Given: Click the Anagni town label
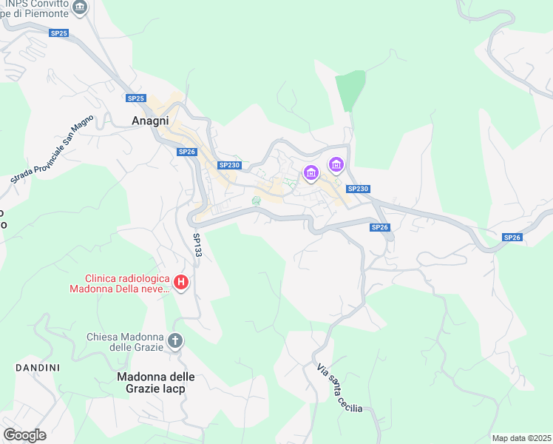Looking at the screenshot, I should (150, 121).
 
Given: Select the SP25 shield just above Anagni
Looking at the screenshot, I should (135, 98).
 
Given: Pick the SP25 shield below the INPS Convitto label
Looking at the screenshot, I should (59, 33).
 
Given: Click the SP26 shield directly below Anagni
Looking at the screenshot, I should (187, 152).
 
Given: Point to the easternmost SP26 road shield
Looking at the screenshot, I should (512, 237).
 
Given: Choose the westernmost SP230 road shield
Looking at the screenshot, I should (229, 165).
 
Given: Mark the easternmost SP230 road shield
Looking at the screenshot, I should (358, 189).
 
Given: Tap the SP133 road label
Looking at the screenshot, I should (197, 246).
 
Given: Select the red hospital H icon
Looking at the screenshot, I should (180, 282).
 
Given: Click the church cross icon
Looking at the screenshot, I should (175, 341).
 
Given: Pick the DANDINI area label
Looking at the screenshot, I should (37, 367).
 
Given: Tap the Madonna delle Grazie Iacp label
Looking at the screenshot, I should (151, 382).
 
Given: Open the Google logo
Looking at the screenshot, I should (24, 435).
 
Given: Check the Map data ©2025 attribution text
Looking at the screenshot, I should (521, 438).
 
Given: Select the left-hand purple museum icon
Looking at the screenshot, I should (311, 174).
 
